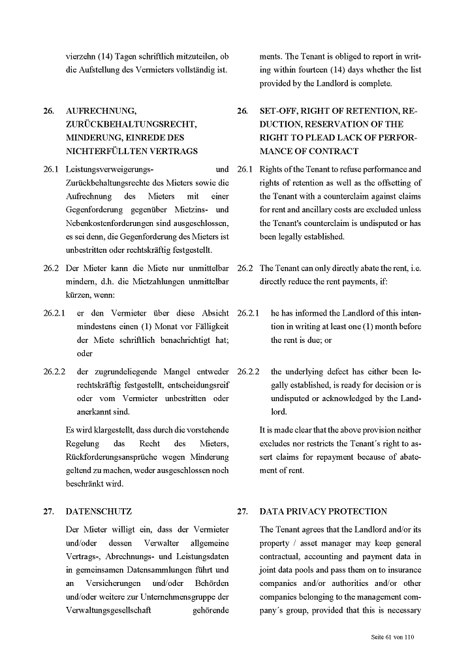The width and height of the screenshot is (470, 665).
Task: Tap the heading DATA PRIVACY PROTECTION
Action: click(323, 511)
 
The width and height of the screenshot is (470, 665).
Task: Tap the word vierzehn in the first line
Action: click(81, 56)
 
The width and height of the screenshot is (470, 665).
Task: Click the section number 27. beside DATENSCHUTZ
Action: click(49, 511)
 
